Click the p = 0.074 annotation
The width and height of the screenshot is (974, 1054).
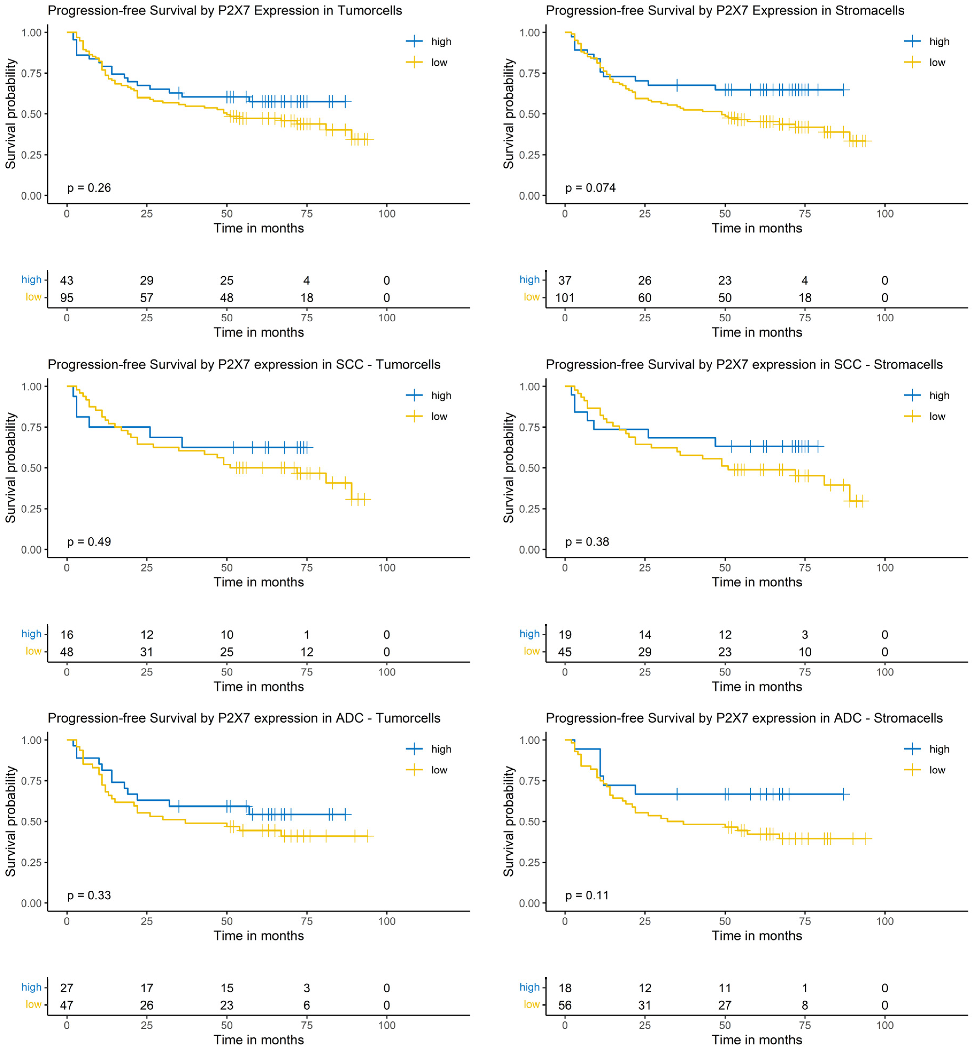(590, 188)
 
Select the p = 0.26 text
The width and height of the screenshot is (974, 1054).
(89, 188)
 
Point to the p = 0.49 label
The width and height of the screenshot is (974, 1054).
(89, 542)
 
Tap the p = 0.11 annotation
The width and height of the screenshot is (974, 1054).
(587, 895)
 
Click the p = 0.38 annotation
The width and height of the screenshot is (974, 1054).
(587, 542)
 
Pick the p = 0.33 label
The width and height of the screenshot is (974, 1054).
(89, 895)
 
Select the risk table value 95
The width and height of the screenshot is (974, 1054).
(67, 298)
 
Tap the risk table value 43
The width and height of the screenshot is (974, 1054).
(67, 280)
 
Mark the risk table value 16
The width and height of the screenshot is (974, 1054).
(67, 634)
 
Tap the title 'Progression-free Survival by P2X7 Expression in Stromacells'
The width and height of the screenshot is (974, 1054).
(725, 10)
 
